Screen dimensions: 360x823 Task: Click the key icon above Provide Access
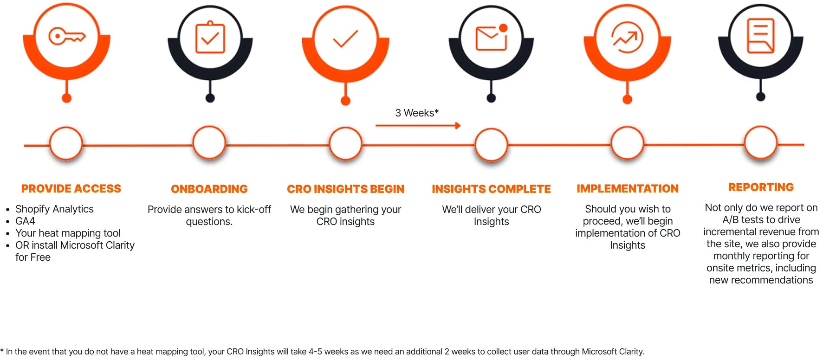[x=67, y=36]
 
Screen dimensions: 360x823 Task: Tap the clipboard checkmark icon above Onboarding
[x=210, y=38]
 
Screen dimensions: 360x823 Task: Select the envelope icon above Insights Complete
[x=491, y=37]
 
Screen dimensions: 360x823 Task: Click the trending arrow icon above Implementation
[x=627, y=38]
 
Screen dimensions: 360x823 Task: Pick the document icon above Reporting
[x=760, y=36]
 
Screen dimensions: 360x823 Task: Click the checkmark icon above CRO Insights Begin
[x=345, y=39]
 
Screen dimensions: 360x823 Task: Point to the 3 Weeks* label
[x=417, y=113]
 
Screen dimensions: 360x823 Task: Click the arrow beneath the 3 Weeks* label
[x=418, y=125]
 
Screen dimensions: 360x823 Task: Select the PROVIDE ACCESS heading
[x=71, y=188]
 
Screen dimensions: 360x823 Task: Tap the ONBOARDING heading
[x=209, y=189]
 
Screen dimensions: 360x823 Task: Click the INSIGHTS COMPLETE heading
[x=491, y=189]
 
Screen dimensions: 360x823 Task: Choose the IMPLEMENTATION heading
[x=628, y=188]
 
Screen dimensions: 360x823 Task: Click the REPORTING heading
[x=761, y=187]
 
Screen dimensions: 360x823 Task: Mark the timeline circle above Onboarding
[x=209, y=143]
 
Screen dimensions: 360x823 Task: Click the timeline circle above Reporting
[x=760, y=142]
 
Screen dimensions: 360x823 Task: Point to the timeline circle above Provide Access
[x=66, y=144]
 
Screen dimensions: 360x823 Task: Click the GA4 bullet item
[x=25, y=221]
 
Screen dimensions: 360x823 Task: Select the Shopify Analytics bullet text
[x=54, y=209]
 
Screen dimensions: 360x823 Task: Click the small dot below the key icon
[x=66, y=98]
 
